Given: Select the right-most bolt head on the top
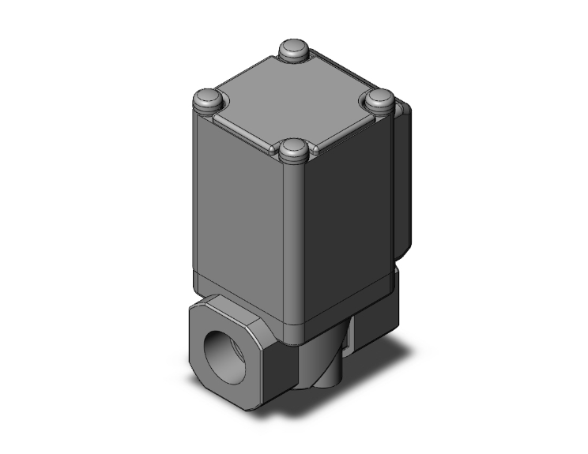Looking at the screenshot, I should [381, 99].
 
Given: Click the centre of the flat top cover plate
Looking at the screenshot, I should [294, 99].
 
